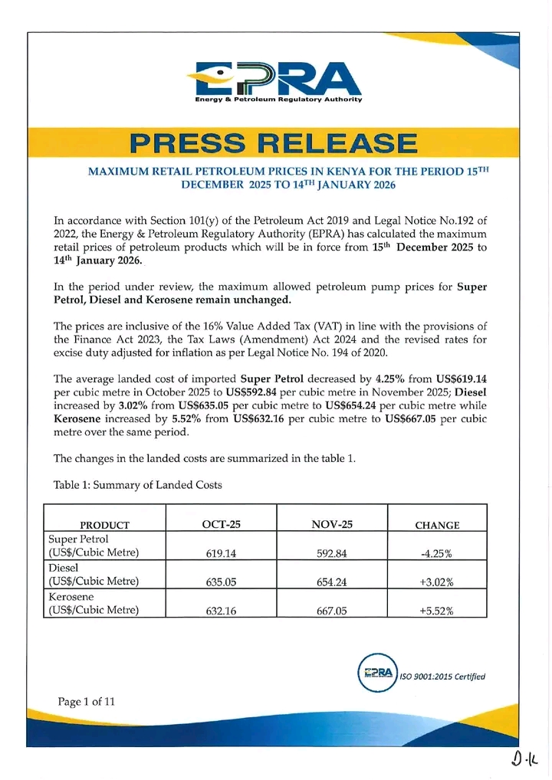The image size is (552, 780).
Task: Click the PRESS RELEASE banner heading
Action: (274, 143)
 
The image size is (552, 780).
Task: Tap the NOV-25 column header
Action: (332, 524)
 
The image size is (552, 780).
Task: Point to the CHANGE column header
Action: (437, 525)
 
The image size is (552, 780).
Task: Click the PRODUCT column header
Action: (105, 525)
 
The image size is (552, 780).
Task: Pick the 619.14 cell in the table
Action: (220, 553)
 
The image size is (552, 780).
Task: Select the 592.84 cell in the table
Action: (332, 553)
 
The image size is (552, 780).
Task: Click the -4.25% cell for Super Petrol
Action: (437, 553)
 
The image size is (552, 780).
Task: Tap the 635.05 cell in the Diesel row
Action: (220, 582)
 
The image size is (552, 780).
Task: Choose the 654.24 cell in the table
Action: (332, 582)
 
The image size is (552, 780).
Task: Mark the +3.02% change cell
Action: (437, 582)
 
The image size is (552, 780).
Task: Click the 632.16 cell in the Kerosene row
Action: (220, 610)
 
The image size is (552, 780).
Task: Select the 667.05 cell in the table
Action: (332, 610)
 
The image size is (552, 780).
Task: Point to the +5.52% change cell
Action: (437, 610)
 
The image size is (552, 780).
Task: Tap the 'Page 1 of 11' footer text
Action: (86, 700)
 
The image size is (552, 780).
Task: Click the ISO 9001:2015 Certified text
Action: (443, 676)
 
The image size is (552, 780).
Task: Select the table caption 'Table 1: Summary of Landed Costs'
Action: (137, 485)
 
